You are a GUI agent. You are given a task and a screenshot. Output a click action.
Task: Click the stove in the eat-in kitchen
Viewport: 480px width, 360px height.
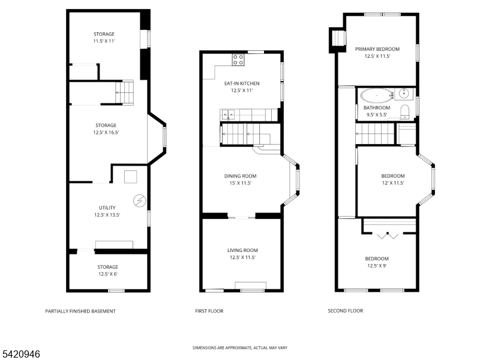[238, 59]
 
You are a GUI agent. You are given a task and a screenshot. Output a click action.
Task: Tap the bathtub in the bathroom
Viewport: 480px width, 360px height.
[377, 96]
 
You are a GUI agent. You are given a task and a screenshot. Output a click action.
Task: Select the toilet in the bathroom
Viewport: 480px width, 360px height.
[404, 112]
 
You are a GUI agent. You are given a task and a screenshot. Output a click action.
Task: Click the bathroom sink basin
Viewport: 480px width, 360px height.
[403, 92]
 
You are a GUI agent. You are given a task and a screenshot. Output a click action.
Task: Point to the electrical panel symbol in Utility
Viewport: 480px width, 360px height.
[140, 201]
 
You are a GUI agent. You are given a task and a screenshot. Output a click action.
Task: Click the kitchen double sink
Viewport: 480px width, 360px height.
[228, 115]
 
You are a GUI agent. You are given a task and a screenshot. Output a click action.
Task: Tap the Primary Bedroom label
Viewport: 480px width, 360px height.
[377, 49]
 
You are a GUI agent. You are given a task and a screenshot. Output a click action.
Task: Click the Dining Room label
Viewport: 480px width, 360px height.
[241, 176]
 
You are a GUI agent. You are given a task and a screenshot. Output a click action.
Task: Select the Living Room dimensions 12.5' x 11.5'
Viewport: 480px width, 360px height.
[243, 257]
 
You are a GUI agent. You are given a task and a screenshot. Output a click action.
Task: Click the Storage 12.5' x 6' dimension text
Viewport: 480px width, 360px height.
[108, 274]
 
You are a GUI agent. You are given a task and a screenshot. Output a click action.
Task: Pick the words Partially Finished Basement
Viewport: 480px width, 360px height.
[80, 311]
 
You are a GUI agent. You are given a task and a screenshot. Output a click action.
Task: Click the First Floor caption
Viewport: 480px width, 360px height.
[209, 311]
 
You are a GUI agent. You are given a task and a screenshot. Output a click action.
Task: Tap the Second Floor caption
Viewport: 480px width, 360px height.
[346, 311]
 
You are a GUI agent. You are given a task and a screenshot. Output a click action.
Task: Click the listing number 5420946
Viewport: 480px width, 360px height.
[20, 354]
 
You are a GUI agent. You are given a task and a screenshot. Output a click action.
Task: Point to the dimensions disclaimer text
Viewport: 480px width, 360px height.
[240, 348]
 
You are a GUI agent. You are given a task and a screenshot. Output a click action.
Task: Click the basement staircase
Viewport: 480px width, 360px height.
[124, 92]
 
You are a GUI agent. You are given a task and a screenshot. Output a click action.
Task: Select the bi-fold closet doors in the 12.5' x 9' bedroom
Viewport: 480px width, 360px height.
[388, 236]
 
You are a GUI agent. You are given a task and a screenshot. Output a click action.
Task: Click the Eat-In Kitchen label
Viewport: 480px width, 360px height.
[242, 83]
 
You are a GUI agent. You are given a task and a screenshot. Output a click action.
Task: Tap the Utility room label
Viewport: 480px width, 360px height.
[107, 208]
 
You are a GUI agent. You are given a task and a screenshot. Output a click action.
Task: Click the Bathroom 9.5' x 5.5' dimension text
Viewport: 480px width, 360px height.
[377, 115]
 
